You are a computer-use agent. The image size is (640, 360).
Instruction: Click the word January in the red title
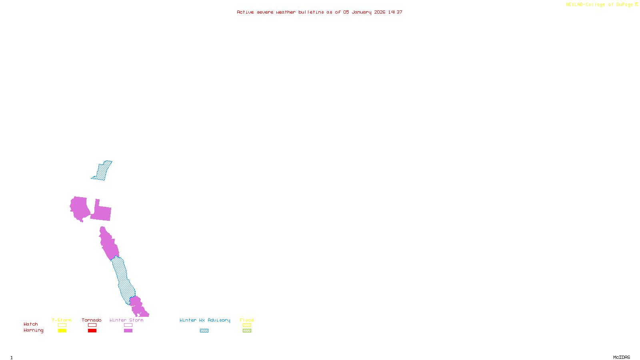(362, 12)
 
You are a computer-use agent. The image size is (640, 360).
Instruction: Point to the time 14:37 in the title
(395, 12)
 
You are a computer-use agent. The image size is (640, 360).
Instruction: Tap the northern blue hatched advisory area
(102, 171)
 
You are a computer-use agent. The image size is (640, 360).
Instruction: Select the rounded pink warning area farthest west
(80, 208)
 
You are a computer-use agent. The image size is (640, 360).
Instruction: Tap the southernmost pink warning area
(138, 307)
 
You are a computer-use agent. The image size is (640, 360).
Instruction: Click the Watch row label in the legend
(31, 324)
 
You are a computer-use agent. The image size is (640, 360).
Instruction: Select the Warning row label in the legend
(34, 330)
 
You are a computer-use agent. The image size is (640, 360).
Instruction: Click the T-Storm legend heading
(62, 320)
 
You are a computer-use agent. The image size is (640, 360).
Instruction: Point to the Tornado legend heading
(92, 320)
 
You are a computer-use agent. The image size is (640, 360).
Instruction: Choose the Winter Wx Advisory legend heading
(205, 320)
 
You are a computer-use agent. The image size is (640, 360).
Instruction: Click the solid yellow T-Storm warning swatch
(62, 331)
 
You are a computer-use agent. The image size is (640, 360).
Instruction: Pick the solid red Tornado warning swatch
(92, 331)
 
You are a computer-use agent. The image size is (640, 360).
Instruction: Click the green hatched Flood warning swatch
(247, 331)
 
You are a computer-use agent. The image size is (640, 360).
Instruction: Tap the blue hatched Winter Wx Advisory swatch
(204, 331)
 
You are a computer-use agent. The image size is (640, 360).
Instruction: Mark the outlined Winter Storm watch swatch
(128, 325)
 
